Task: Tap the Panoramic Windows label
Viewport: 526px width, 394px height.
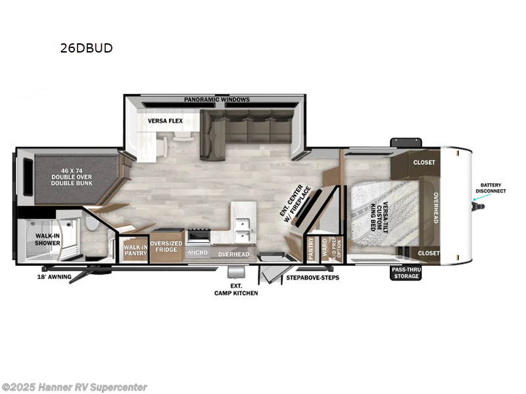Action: (x=216, y=100)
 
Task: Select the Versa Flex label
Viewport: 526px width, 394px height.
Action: (x=165, y=121)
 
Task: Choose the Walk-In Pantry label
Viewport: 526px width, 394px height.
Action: (x=135, y=250)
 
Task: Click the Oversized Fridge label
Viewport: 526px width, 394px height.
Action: (x=166, y=248)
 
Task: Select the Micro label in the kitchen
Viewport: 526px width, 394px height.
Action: (x=197, y=253)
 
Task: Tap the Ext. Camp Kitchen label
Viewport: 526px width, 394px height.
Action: (x=236, y=290)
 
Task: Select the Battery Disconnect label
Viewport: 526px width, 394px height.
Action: (x=492, y=188)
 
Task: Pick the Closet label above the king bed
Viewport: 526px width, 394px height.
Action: (x=424, y=162)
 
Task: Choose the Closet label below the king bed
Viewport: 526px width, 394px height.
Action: (x=428, y=253)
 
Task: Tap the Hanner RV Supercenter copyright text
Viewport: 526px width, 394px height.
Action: (x=75, y=387)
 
